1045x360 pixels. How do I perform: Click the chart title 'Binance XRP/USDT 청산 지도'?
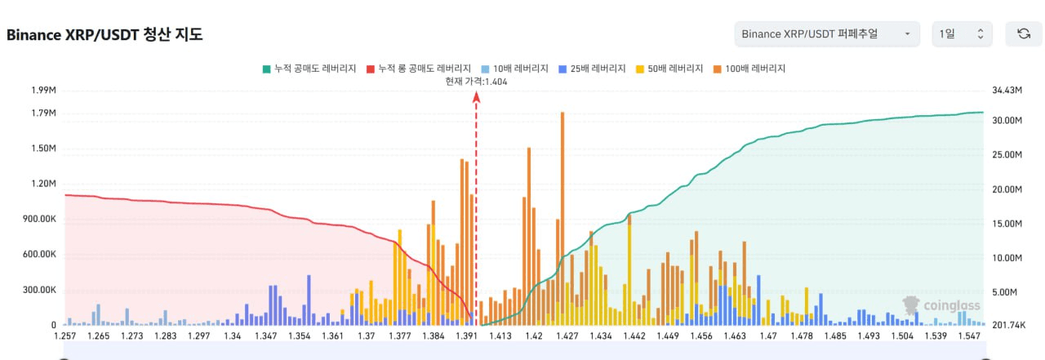pyautogui.click(x=104, y=34)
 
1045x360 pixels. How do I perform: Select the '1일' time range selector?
pyautogui.click(x=962, y=34)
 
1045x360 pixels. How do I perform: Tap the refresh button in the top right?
pyautogui.click(x=1023, y=34)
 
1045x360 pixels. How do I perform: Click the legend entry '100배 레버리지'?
pyautogui.click(x=749, y=69)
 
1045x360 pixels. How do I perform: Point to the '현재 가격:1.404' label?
pyautogui.click(x=477, y=82)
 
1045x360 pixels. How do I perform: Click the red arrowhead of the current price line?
pyautogui.click(x=477, y=97)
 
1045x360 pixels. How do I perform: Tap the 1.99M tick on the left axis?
pyautogui.click(x=42, y=90)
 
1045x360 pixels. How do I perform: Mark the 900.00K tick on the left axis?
pyautogui.click(x=38, y=219)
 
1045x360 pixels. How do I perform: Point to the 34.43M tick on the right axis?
pyautogui.click(x=1007, y=90)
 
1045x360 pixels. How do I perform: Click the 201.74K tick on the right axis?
pyautogui.click(x=1008, y=325)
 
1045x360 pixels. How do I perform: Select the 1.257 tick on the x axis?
pyautogui.click(x=64, y=336)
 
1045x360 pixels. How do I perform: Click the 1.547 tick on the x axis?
pyautogui.click(x=970, y=336)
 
